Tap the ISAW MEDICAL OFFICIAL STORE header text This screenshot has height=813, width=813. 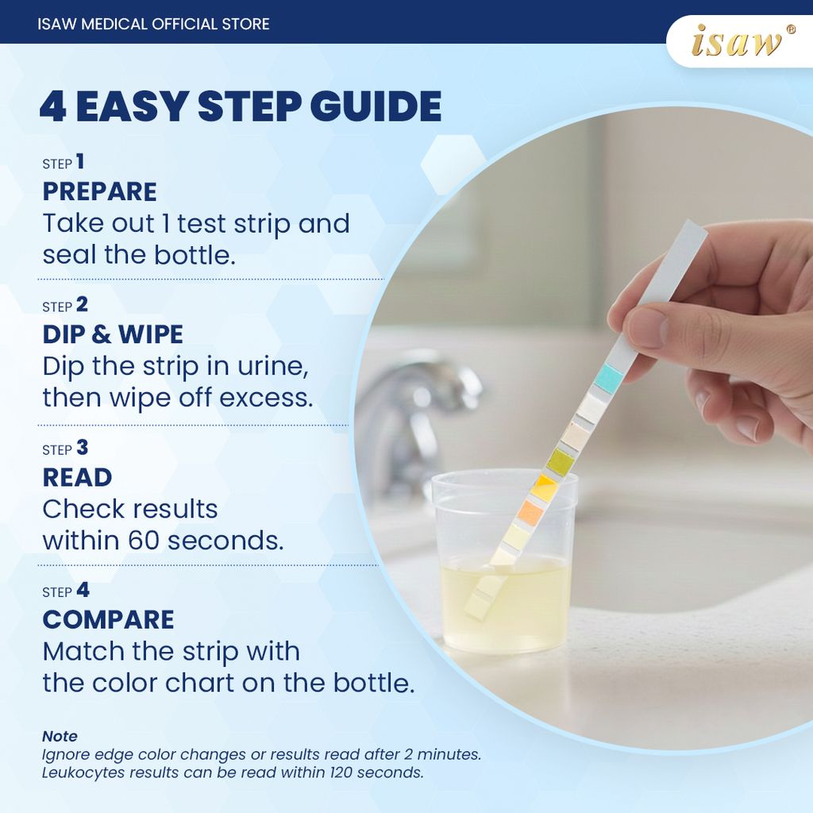(153, 24)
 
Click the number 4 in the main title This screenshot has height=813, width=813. (52, 107)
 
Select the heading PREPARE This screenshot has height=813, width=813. (99, 192)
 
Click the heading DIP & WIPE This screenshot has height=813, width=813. (113, 334)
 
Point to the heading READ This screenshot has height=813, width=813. (77, 477)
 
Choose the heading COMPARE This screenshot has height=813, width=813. (108, 619)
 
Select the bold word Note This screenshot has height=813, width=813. (60, 737)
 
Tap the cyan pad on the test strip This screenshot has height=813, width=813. (609, 378)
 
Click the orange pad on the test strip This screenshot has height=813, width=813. (530, 514)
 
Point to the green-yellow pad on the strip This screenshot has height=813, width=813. (561, 461)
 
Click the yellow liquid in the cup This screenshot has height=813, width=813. (508, 611)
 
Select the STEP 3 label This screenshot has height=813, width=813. (65, 449)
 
